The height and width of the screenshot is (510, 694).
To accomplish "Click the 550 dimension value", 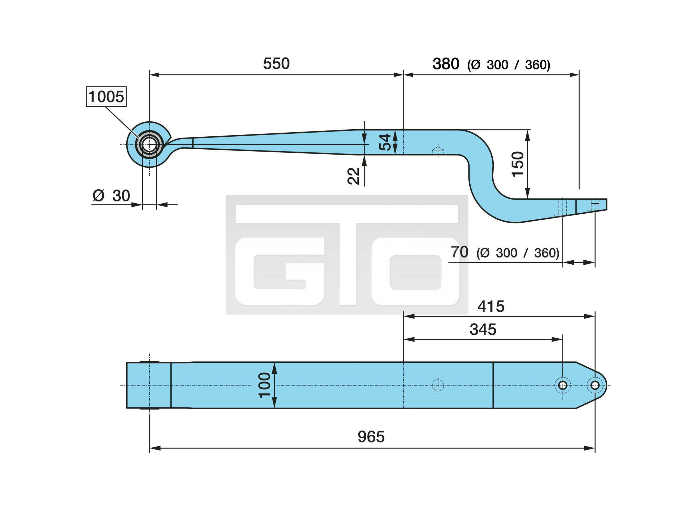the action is click(x=276, y=64).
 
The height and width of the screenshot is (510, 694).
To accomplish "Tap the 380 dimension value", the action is click(x=446, y=64).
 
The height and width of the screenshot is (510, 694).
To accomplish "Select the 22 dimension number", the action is click(x=354, y=176).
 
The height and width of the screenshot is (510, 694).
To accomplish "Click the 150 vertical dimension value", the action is click(x=518, y=164).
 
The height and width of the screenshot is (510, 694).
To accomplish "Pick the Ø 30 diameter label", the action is click(x=111, y=196).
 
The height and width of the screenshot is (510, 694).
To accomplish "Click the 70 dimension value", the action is click(x=460, y=252).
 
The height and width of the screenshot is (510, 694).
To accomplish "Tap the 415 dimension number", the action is click(x=491, y=307).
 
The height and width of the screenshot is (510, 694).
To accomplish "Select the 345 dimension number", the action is click(x=483, y=329).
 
